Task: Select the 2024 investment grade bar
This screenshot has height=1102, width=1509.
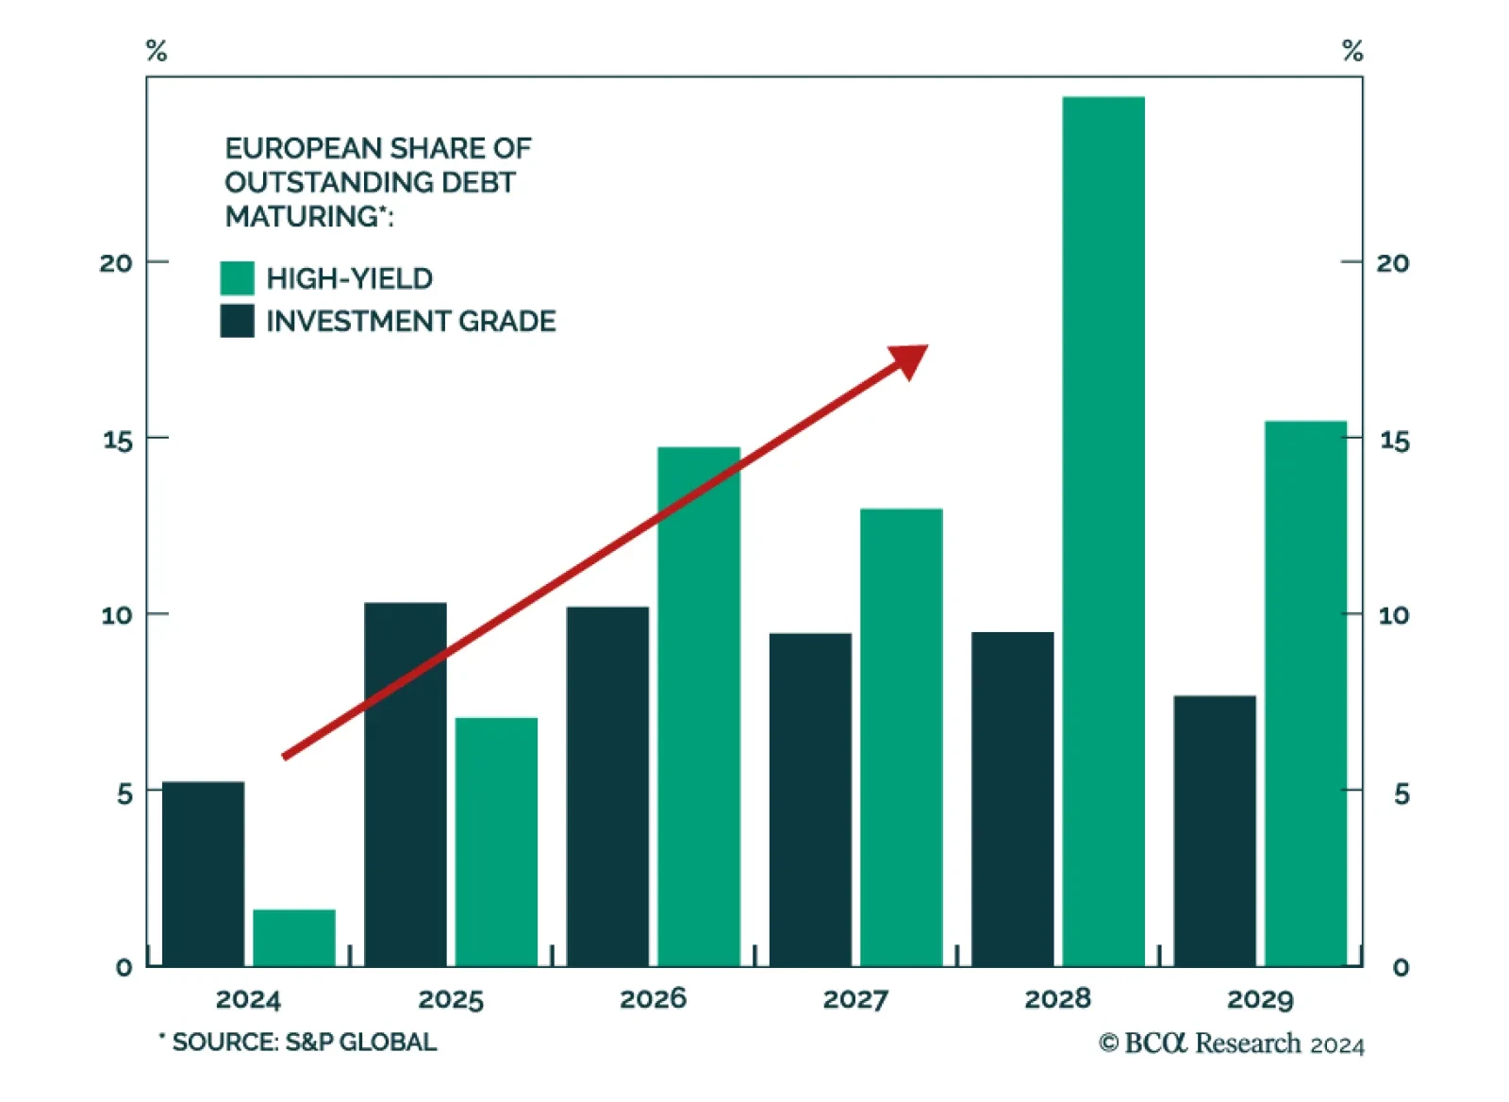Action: [203, 874]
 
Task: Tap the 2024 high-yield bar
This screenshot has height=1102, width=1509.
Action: [293, 938]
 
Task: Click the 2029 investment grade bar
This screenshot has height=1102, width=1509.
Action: [1214, 830]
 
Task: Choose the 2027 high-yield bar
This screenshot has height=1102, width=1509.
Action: [901, 737]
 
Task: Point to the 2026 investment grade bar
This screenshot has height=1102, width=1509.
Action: [607, 786]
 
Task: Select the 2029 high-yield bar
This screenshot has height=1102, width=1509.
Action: [1305, 693]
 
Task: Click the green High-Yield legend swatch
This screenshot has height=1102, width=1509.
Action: [237, 278]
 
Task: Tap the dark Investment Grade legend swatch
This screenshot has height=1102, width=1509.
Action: [237, 321]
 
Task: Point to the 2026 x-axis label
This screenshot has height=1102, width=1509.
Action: [653, 998]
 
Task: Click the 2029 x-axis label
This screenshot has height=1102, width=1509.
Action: [1260, 998]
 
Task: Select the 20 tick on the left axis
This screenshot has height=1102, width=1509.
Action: [116, 262]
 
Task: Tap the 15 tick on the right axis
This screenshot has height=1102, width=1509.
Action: [1394, 440]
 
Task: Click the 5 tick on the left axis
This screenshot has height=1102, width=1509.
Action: [124, 793]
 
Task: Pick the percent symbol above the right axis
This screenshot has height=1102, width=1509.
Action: [1352, 50]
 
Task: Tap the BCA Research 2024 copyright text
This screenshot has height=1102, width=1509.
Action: [1232, 1043]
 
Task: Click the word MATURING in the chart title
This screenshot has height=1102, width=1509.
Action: [302, 216]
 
